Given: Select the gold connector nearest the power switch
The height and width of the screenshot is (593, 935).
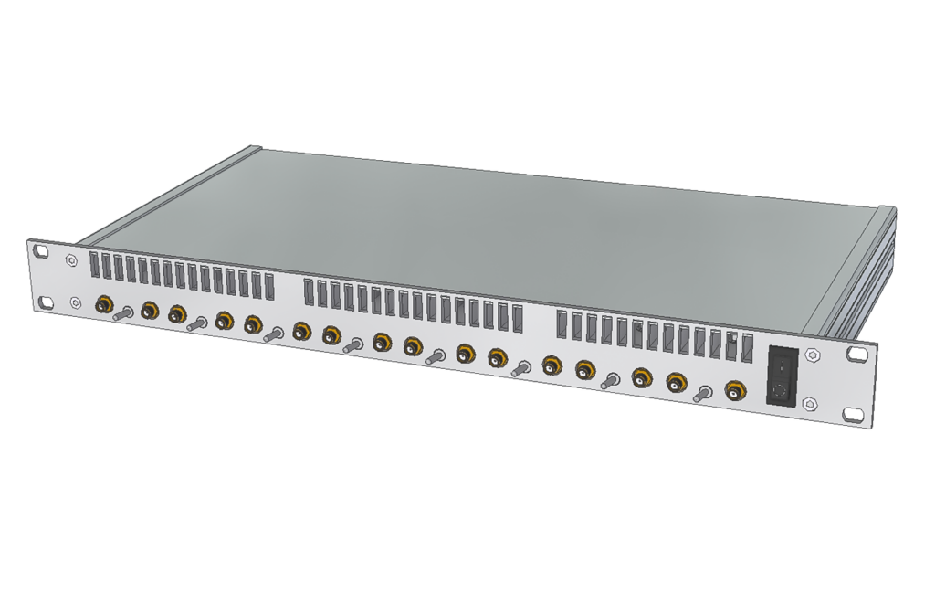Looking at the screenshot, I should point(734,391).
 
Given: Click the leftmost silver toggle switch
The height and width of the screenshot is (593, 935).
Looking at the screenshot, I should point(123,312).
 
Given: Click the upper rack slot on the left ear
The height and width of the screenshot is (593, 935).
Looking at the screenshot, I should point(39,249).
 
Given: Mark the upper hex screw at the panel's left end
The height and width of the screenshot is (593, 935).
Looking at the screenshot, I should point(71,259).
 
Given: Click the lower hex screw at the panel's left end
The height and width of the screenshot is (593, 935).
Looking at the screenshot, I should point(75,302).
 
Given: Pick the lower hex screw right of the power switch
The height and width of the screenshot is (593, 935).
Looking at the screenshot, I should point(809,403).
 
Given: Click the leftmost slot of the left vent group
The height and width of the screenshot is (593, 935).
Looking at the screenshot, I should point(94,266).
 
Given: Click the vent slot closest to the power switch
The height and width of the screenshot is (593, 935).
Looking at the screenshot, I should point(748,349).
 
